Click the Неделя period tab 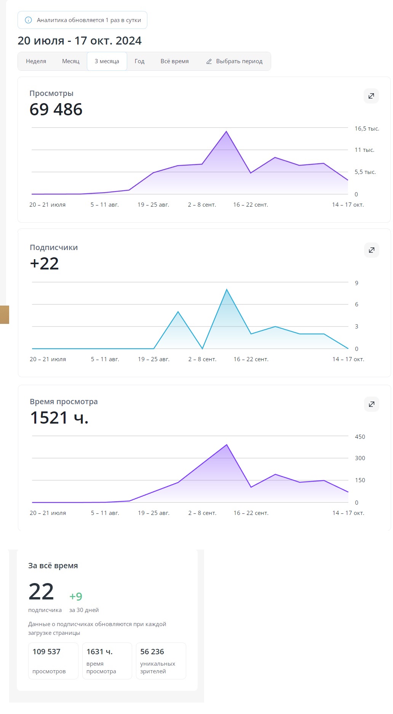(36, 61)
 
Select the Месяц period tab (71, 61)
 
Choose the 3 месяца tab (107, 61)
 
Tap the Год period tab (139, 61)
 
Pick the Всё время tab (174, 61)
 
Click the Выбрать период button (234, 61)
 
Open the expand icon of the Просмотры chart (371, 96)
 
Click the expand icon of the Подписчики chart (372, 250)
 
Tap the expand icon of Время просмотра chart (372, 404)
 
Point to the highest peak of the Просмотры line (226, 132)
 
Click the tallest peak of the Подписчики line (227, 290)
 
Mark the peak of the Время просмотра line (227, 445)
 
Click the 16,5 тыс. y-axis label (367, 129)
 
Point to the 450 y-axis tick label (360, 437)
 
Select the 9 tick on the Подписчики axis (356, 283)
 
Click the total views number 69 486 (56, 110)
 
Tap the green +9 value (76, 596)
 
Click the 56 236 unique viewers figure (152, 652)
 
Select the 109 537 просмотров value (46, 652)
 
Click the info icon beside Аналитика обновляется (28, 20)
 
